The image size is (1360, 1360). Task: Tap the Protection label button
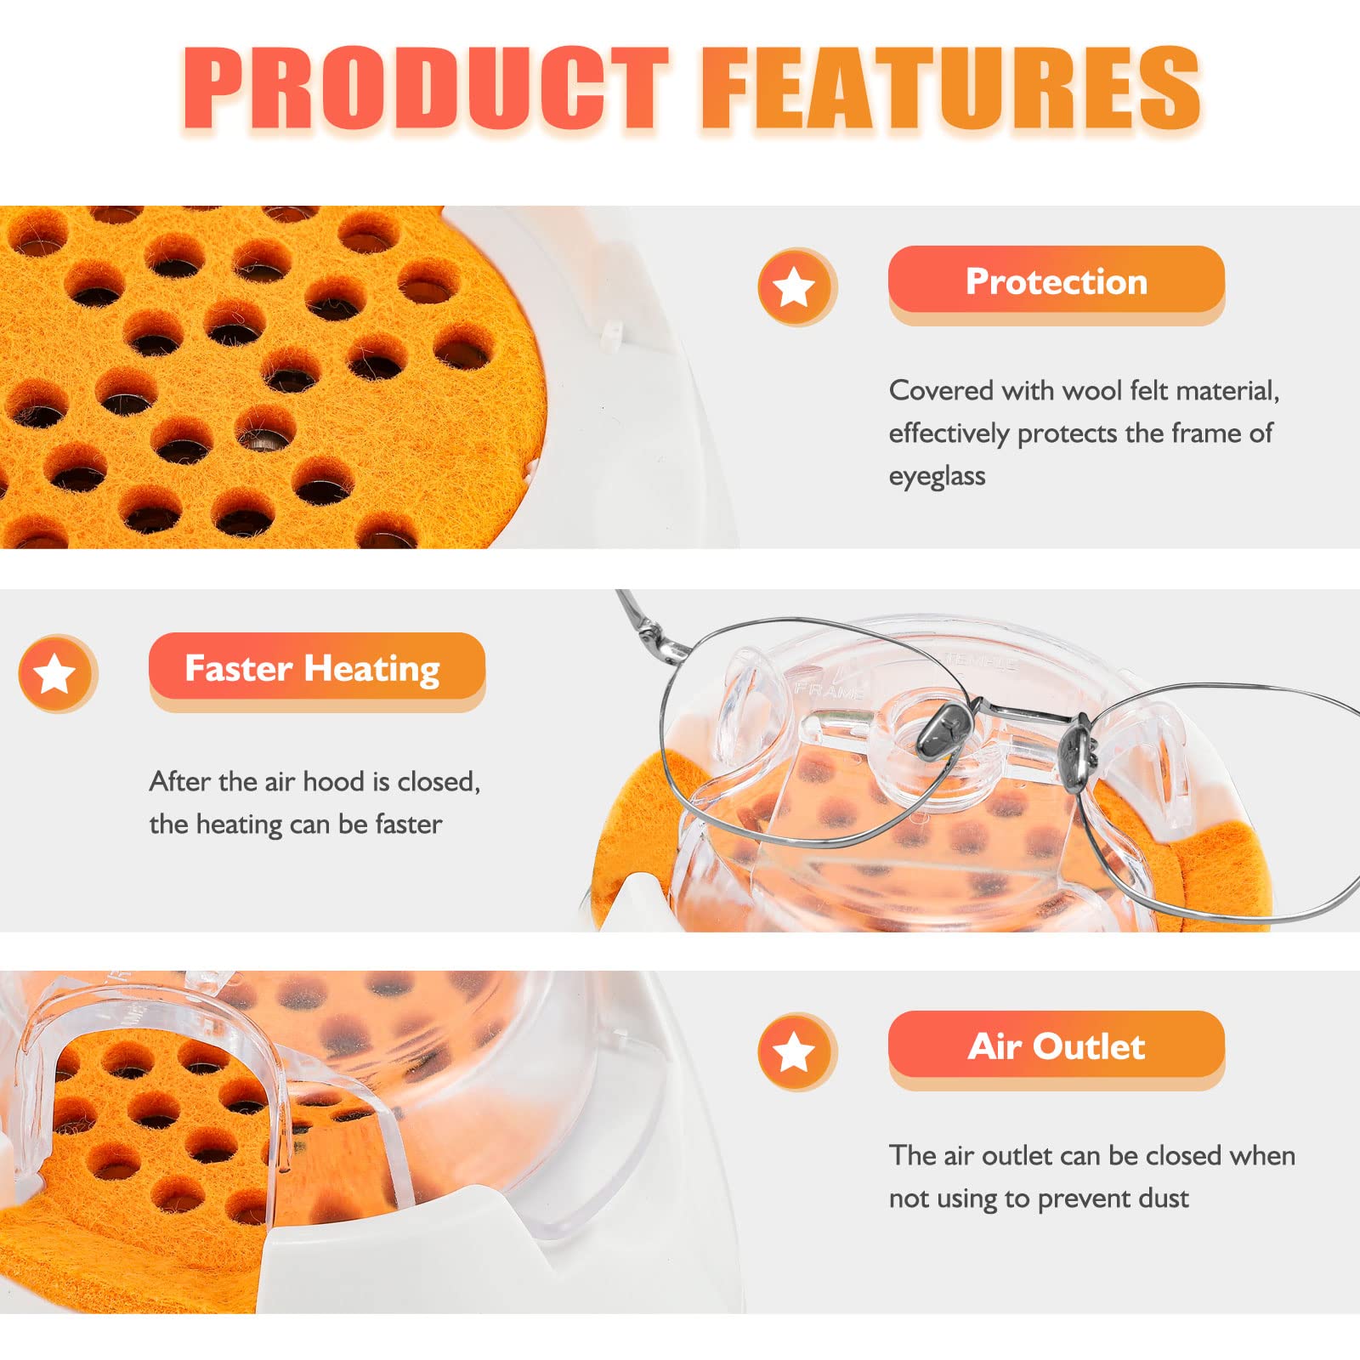(x=1056, y=281)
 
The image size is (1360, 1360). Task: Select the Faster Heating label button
(x=313, y=668)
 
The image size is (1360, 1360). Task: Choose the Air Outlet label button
(x=1056, y=1046)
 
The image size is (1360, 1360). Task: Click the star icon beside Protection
(x=796, y=286)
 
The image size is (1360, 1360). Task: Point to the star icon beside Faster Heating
(x=56, y=673)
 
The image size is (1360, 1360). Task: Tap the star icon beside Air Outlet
(x=796, y=1051)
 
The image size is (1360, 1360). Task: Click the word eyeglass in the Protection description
(x=937, y=476)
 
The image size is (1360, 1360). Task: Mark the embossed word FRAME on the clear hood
(x=829, y=688)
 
